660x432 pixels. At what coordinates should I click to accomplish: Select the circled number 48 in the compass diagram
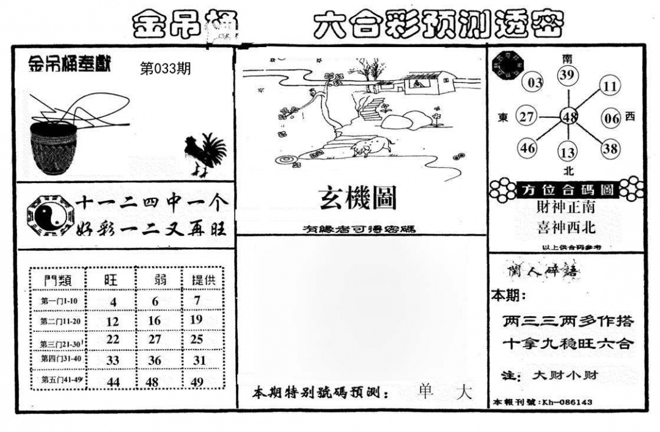click(570, 117)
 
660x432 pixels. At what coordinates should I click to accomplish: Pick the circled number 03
click(535, 83)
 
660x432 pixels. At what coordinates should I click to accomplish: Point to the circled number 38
click(610, 148)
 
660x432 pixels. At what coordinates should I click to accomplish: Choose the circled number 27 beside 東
click(527, 117)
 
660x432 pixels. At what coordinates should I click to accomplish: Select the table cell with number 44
click(113, 381)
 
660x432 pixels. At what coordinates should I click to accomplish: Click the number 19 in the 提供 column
click(196, 319)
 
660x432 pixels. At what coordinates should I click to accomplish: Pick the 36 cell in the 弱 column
click(155, 361)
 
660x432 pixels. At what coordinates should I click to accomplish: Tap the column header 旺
click(112, 280)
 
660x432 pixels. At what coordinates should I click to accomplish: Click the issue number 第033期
click(165, 69)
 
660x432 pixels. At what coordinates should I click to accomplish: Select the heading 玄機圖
click(358, 198)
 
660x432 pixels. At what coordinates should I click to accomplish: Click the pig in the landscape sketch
click(372, 146)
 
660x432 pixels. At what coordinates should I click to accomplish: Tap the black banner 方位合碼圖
click(568, 189)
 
